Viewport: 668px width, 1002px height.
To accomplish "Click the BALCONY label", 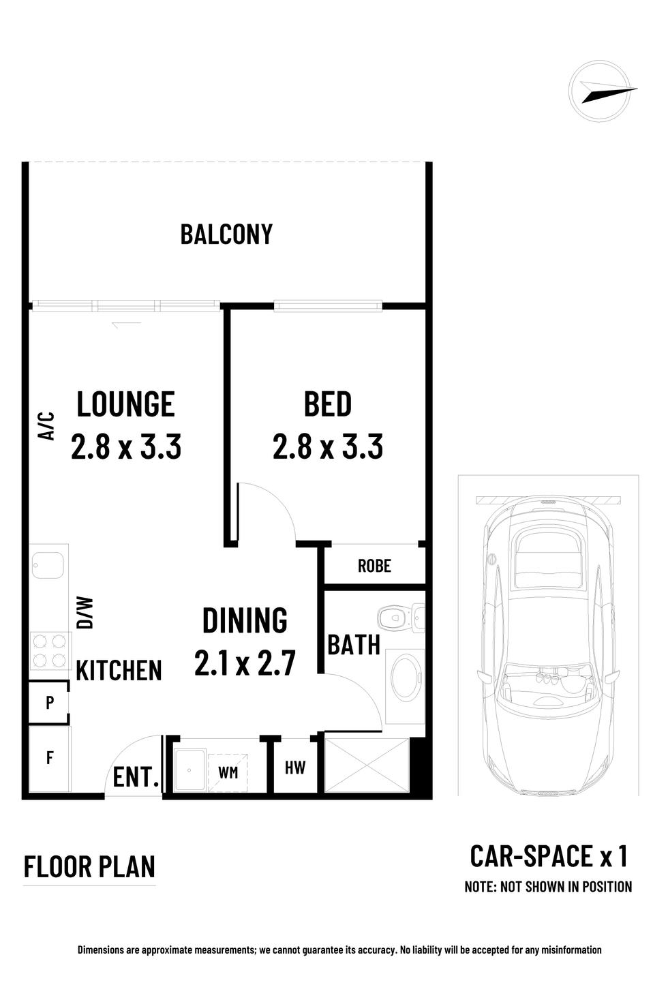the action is point(226,234).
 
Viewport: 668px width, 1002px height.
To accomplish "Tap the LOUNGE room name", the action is point(125,404).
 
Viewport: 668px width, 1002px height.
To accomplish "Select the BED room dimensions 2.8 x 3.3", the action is point(327,446).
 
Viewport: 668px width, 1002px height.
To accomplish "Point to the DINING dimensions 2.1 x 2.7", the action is point(245,663).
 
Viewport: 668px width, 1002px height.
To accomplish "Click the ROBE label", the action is point(374,566).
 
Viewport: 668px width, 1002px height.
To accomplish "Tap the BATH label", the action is point(354,645).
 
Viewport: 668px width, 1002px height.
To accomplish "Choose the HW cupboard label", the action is point(295,768).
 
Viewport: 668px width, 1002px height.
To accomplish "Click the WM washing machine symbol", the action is point(228,772).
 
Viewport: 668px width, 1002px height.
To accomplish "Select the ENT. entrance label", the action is point(136,777).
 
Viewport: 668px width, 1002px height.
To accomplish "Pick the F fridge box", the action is point(50,759).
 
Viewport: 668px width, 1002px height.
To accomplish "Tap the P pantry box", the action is point(49,702).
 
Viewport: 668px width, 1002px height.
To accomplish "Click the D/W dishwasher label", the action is point(85,613).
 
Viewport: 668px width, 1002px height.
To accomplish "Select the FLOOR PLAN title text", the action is point(89,866).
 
